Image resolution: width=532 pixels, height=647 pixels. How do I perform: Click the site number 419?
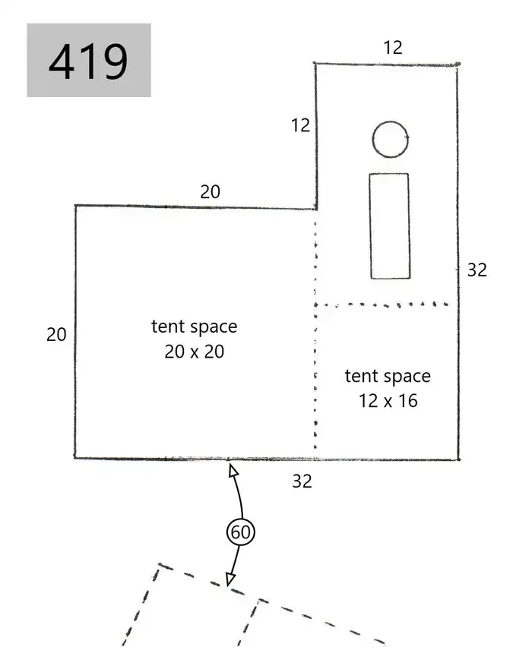coord(88,62)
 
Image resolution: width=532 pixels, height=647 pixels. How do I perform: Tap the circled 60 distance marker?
coord(240,532)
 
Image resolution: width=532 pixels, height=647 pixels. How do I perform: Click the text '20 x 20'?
coord(194,352)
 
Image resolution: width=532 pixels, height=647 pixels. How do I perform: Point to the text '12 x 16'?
coord(388,401)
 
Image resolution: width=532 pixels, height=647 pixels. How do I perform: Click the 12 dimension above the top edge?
coord(393,47)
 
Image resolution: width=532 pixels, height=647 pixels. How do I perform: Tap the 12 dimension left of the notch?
coord(300,125)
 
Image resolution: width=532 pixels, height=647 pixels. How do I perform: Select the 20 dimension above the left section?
coord(211,192)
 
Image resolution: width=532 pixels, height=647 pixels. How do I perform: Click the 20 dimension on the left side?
coord(56,335)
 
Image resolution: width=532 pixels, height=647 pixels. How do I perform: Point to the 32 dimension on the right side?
coord(477,270)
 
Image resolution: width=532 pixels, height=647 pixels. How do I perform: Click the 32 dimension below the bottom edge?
coord(302,481)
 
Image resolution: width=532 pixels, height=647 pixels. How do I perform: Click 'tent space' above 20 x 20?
coord(194,327)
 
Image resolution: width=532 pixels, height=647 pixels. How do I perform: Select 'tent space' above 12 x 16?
coord(388,377)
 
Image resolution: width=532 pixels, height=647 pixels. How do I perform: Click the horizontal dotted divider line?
coord(382,305)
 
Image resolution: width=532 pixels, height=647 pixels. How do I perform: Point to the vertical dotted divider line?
coord(315,335)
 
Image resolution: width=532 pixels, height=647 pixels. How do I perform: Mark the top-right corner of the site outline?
coord(458,65)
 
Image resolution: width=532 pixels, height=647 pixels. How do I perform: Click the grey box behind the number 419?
coord(89,60)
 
